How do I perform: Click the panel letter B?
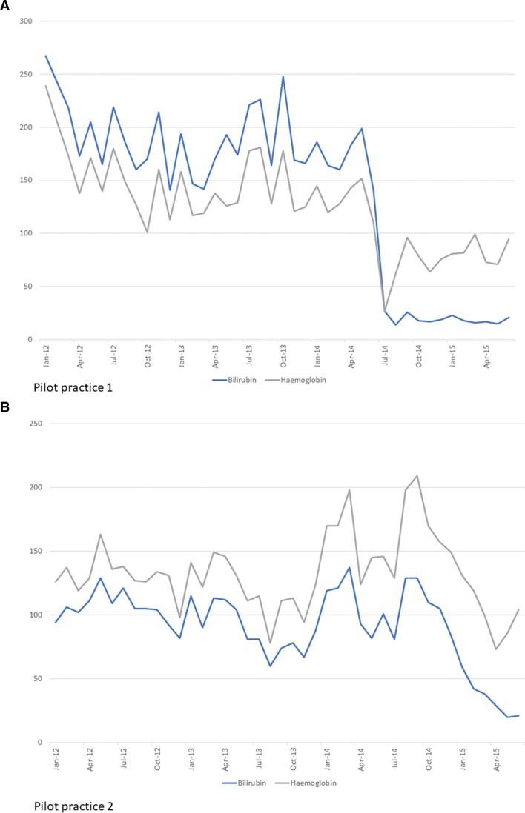pos(6,408)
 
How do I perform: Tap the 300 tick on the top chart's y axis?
pos(26,21)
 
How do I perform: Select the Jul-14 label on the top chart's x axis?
pos(386,358)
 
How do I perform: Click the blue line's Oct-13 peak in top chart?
pos(283,76)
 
